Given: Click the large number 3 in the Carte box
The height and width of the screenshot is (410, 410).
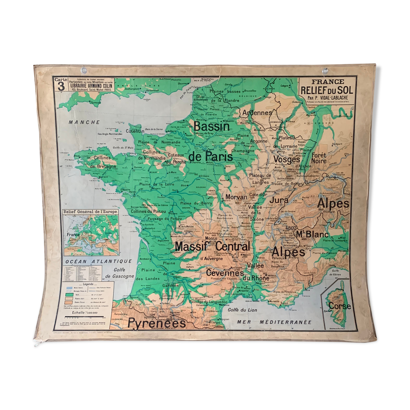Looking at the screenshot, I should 61,86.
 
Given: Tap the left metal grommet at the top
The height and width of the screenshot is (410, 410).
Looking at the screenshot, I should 84,70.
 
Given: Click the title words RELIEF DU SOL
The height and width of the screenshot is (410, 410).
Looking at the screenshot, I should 327,90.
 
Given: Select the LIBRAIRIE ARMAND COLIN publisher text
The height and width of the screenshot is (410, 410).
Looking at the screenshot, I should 91,86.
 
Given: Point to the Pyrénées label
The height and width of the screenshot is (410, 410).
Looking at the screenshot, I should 156,323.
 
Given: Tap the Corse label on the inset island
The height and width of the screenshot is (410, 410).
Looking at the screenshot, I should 339,306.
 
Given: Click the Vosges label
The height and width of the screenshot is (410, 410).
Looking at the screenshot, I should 287,159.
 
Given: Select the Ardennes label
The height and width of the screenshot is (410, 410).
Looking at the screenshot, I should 257,113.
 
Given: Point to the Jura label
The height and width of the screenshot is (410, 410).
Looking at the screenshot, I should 279,200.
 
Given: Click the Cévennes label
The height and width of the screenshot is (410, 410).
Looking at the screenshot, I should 225,273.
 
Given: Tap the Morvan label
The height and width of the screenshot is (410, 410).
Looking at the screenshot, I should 236,197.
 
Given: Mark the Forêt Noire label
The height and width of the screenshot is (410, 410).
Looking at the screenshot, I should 319,158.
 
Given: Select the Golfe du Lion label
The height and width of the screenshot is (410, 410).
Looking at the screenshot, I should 242,310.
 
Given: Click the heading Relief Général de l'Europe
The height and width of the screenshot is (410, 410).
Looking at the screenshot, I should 90,212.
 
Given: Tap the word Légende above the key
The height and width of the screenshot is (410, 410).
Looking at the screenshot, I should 88,284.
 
